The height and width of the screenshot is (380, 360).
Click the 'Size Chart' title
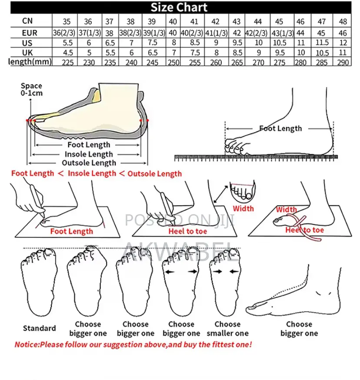pos(179,7)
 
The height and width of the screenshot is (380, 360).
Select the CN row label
pos(27,21)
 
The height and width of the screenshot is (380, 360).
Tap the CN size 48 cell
pos(343,22)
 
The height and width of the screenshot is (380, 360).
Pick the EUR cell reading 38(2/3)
pos(130,33)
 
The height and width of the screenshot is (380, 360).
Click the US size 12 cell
pos(343,43)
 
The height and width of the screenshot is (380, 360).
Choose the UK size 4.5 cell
pos(68,53)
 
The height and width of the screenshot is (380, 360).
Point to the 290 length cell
pos(343,63)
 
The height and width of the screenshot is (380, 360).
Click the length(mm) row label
pos(30,62)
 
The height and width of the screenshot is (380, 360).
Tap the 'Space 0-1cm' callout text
pos(31,89)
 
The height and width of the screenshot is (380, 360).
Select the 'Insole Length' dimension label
pos(89,154)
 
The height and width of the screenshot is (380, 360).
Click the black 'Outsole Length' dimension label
pos(89,163)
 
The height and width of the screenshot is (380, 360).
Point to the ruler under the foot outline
pos(256,158)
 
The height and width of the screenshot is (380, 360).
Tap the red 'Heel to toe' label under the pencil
pos(188,231)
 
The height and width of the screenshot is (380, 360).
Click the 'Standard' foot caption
pos(39,328)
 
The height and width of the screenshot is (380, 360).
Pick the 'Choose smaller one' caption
pos(227,329)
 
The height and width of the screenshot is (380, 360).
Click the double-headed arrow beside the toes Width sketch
pos(220,194)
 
